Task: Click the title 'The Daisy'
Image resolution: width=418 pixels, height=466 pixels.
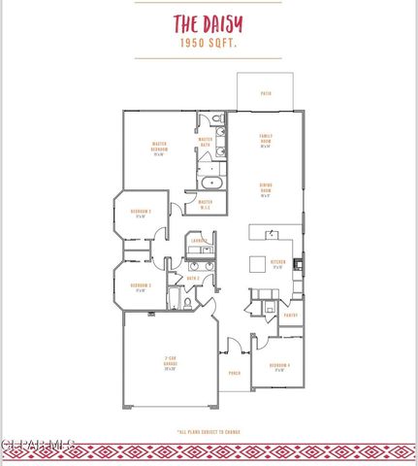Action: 209,23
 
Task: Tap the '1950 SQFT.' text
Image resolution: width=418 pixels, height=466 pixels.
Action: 209,44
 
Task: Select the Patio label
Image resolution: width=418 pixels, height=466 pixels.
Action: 265,93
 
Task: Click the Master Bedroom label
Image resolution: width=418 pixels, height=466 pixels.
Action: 161,148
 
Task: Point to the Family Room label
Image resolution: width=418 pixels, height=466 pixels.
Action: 265,142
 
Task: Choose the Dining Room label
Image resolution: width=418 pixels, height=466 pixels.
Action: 265,191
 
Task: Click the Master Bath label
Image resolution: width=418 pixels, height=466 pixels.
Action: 206,141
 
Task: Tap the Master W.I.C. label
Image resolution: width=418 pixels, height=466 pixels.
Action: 206,204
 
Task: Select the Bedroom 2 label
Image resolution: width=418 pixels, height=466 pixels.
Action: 140,214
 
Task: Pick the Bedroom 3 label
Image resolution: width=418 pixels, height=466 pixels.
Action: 140,287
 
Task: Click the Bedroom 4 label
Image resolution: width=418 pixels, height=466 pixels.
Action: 279,367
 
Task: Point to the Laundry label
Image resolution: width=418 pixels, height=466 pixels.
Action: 199,240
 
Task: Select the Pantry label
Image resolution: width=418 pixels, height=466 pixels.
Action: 289,315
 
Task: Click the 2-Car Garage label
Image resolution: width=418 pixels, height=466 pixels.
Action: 170,365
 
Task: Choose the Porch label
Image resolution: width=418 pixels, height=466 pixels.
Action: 234,373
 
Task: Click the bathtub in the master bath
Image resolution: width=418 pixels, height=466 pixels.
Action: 211,182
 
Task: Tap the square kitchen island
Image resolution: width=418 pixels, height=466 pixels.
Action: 258,263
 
